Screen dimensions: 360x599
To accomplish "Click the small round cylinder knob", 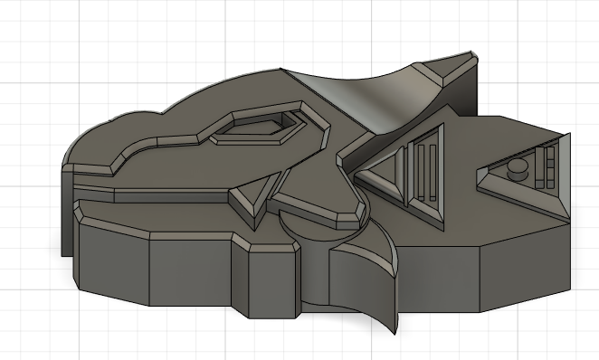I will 518,167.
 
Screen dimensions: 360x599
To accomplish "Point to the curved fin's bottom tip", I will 392,329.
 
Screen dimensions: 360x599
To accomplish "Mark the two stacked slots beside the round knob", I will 547,166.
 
